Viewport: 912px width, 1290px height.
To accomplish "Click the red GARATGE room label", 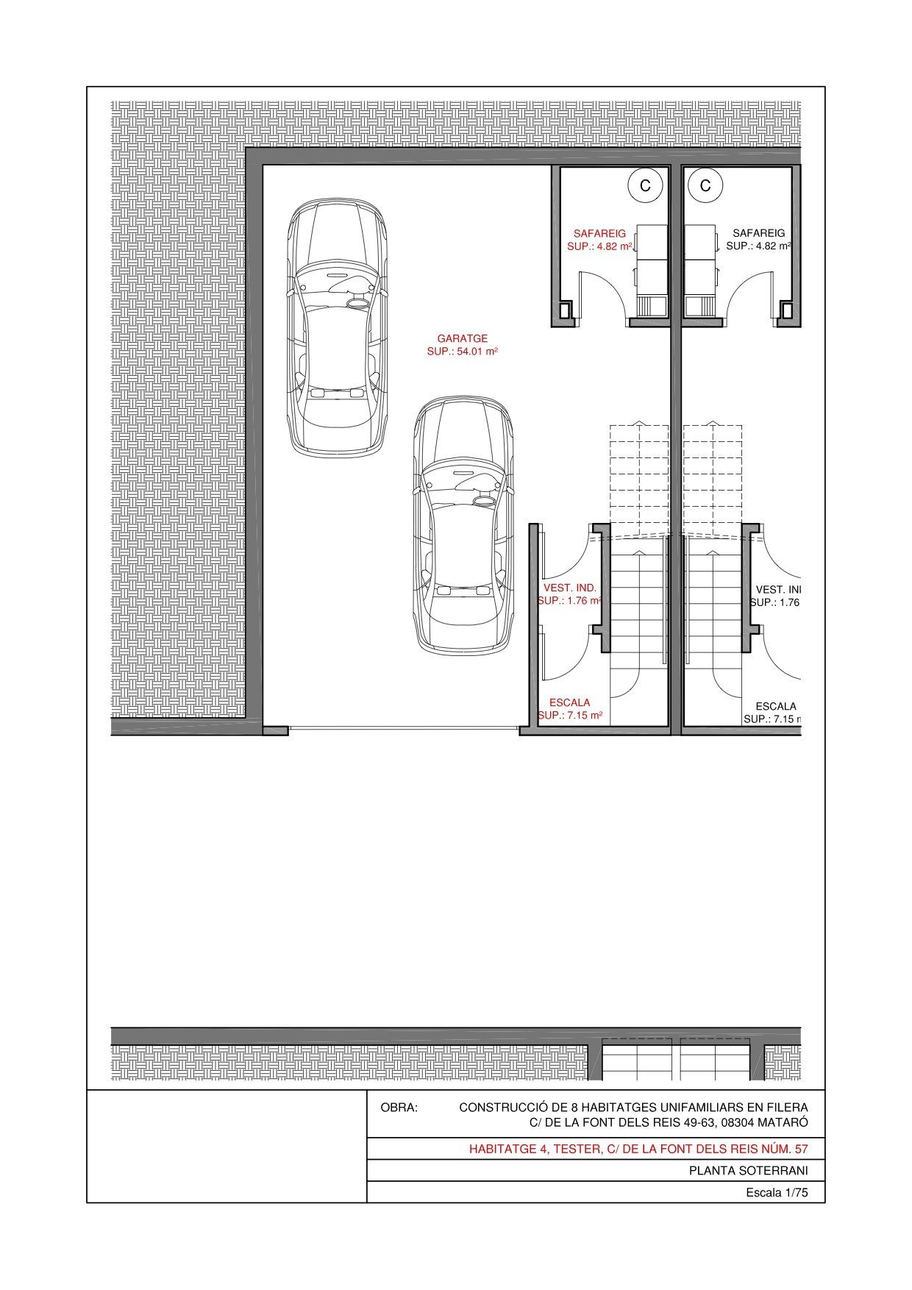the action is [x=463, y=338].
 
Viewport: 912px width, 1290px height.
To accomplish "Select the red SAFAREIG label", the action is [x=600, y=233].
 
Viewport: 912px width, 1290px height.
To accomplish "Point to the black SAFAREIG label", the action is [x=759, y=233].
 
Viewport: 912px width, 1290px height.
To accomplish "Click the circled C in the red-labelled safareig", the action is [x=645, y=186].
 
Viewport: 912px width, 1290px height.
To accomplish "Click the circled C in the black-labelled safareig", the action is [x=706, y=186].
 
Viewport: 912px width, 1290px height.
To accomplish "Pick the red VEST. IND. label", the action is [x=570, y=588].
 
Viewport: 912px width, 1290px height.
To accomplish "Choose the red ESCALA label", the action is [x=570, y=702].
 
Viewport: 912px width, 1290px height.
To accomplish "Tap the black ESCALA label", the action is [x=776, y=706].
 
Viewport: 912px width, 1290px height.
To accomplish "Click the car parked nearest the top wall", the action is [x=337, y=327].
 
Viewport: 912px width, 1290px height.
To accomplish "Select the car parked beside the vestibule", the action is [x=463, y=526].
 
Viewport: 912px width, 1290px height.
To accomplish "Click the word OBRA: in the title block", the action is [x=399, y=1107].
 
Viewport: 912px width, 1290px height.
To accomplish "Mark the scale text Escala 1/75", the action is [x=777, y=1193].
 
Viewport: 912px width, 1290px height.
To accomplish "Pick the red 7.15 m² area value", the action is [x=585, y=715].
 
